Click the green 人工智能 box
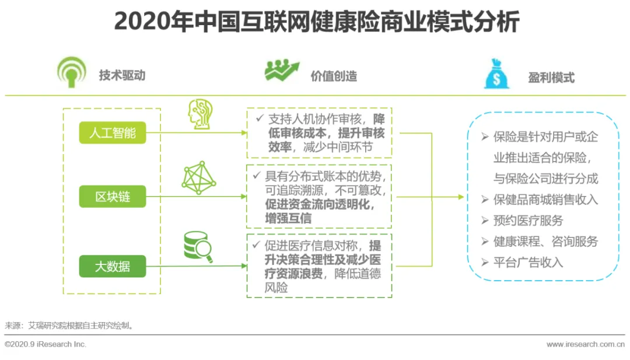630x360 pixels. (113, 133)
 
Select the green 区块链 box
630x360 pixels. (113, 197)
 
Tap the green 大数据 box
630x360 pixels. (113, 267)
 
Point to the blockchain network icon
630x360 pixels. (199, 178)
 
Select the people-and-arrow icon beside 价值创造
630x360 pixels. (282, 71)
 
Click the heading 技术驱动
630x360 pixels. (122, 75)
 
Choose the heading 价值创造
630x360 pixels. (334, 76)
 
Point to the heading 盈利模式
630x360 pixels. (551, 77)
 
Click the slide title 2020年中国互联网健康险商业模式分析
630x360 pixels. (316, 22)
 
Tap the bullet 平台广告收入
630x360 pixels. (528, 263)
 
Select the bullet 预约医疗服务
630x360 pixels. (528, 221)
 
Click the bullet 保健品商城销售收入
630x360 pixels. (545, 200)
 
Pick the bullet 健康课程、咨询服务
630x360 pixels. (545, 242)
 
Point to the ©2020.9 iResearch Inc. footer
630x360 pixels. (45, 344)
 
